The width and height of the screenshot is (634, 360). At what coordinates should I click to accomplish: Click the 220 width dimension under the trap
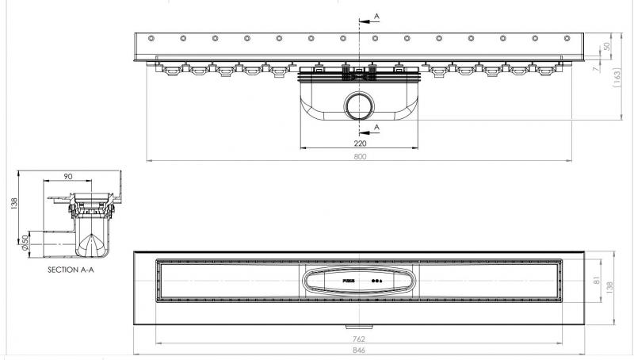(359, 144)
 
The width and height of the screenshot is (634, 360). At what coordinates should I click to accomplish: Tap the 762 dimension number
(359, 338)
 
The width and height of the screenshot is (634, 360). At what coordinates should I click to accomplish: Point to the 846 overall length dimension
(359, 350)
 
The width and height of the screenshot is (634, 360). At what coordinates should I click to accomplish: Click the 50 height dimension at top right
(607, 47)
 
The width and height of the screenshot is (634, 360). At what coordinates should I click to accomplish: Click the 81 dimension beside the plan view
(607, 280)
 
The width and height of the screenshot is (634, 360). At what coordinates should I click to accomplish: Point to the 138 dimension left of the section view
(10, 205)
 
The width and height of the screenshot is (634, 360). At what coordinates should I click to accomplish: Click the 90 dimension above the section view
(68, 175)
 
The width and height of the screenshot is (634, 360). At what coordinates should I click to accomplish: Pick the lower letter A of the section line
(376, 126)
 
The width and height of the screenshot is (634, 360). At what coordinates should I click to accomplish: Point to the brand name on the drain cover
(348, 281)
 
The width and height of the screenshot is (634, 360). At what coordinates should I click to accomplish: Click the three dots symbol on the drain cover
(376, 281)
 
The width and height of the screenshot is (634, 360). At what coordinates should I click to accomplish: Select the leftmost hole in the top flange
(150, 38)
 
